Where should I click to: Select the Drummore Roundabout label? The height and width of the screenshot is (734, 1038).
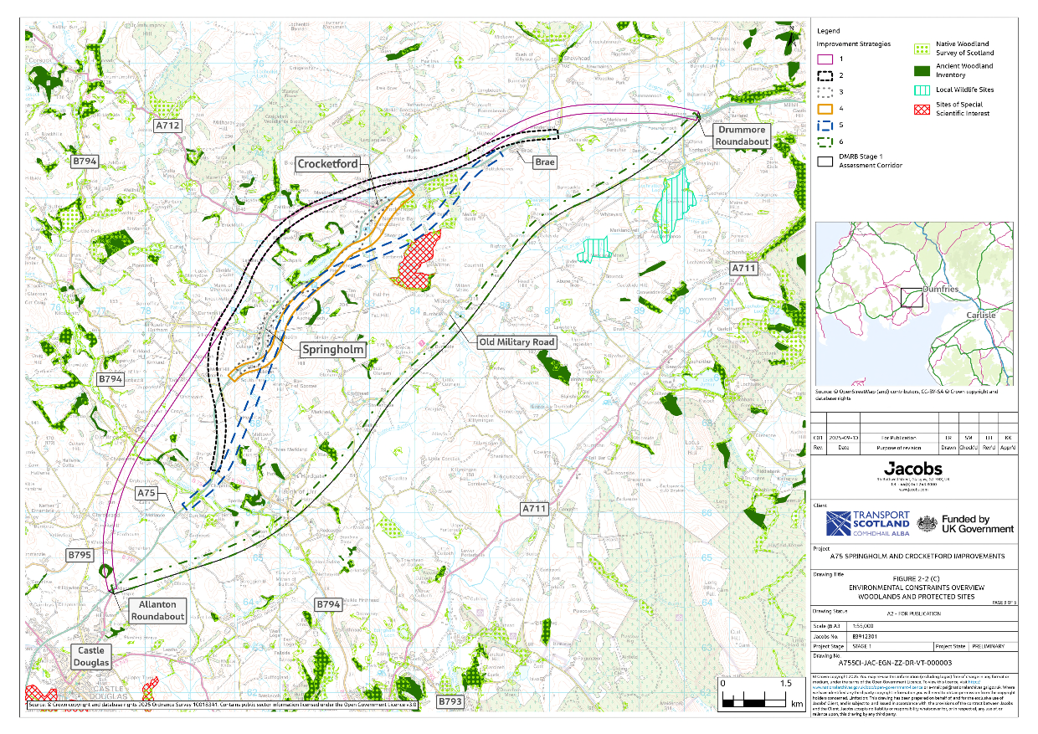(x=742, y=136)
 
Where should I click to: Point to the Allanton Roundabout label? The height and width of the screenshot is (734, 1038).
(x=157, y=610)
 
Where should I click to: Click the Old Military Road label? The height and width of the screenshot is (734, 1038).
(x=516, y=342)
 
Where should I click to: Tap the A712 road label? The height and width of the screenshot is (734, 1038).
(x=168, y=126)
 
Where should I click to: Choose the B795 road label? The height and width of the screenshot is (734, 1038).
(x=81, y=555)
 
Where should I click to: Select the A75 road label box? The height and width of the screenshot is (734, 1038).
(x=147, y=494)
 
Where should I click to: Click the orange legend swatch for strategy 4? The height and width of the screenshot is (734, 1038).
(x=825, y=108)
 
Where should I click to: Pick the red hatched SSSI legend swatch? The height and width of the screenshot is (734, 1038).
(x=923, y=109)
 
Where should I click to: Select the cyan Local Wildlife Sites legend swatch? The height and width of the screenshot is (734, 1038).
(x=923, y=90)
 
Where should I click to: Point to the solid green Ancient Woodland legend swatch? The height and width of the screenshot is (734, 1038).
(x=923, y=70)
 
